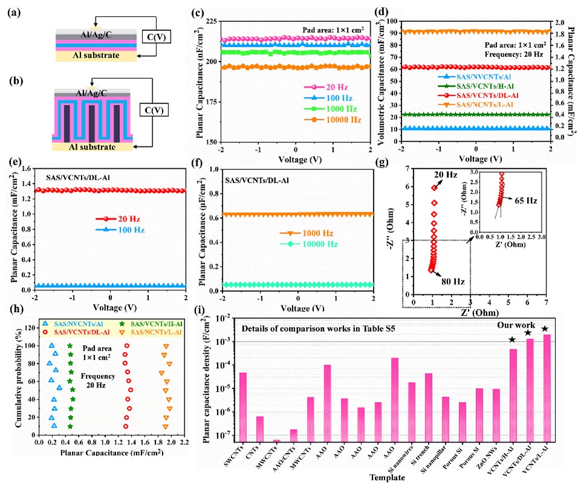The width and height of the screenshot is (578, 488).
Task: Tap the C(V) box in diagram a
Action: [152, 36]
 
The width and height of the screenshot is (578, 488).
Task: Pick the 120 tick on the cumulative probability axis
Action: [28, 327]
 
